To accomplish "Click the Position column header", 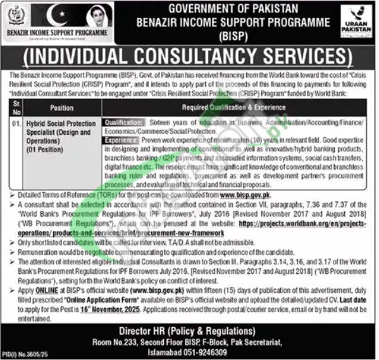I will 61,108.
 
